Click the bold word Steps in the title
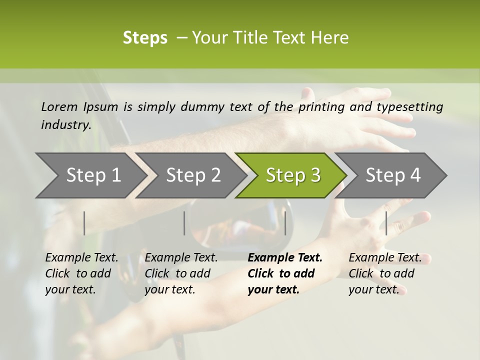click(x=145, y=38)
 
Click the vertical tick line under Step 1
click(x=84, y=223)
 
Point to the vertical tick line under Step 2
click(x=184, y=223)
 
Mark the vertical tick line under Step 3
click(x=285, y=223)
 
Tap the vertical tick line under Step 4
click(x=386, y=223)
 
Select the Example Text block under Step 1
click(x=81, y=273)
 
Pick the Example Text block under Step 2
click(x=181, y=273)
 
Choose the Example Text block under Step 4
click(x=384, y=273)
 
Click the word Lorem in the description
click(x=59, y=106)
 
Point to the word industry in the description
click(x=65, y=125)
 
